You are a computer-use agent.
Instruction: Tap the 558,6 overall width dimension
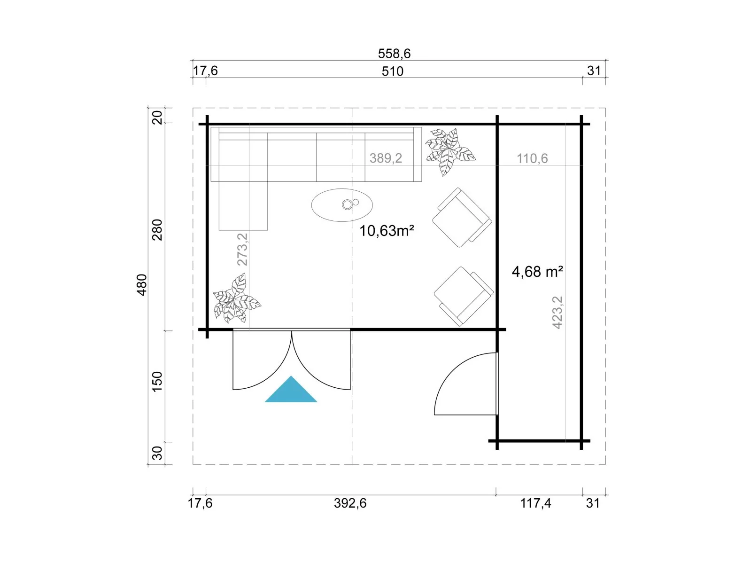[394, 54]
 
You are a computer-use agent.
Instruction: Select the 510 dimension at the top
[393, 71]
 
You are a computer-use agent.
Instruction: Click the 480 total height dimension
[141, 284]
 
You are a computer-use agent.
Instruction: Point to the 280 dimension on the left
[157, 230]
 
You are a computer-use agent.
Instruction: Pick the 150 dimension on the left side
[157, 381]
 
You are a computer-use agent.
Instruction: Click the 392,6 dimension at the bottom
[350, 503]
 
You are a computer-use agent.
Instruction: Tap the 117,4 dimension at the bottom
[535, 503]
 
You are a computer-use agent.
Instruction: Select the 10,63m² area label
[386, 231]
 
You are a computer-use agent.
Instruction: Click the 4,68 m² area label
[537, 271]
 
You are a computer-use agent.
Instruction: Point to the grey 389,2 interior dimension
[386, 158]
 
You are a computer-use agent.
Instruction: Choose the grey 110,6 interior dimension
[532, 158]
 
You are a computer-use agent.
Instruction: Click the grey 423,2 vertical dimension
[557, 313]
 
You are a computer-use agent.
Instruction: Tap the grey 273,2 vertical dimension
[242, 250]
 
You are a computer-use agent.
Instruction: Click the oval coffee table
[342, 205]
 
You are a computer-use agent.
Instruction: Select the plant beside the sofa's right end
[449, 152]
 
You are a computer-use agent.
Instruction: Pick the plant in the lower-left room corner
[236, 298]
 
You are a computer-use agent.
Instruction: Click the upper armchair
[462, 217]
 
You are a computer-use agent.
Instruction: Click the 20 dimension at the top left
[157, 117]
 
